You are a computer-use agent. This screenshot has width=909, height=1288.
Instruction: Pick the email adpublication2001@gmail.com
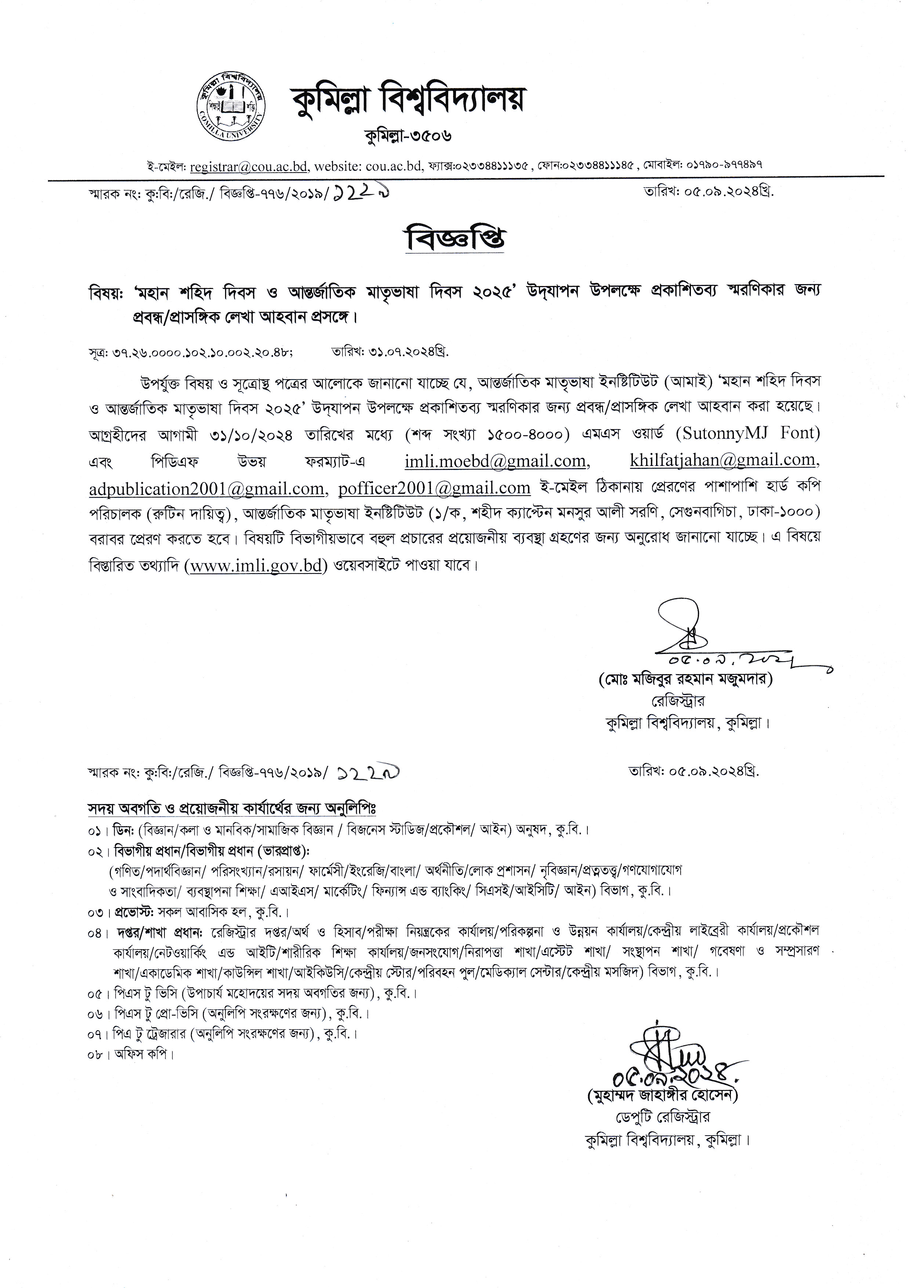coord(206,489)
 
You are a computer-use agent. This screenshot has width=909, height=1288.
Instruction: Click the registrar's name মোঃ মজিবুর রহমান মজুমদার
coord(685,679)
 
